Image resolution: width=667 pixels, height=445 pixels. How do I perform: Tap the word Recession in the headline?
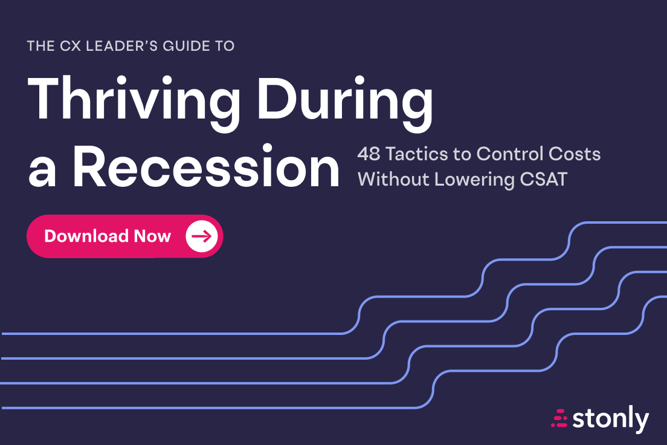(x=206, y=166)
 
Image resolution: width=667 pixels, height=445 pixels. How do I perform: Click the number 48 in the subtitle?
(x=369, y=154)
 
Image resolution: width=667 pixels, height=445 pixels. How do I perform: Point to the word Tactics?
(x=416, y=154)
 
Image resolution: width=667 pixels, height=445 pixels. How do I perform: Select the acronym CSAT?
(x=544, y=180)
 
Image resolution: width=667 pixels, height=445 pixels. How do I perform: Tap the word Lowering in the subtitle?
(x=475, y=180)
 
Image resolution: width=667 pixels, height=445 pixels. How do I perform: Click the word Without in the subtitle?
(x=393, y=180)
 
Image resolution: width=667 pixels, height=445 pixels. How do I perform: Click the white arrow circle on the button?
(x=202, y=236)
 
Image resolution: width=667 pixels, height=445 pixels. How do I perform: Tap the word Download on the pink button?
(x=86, y=236)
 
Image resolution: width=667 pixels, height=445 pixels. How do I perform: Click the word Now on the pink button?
(x=152, y=236)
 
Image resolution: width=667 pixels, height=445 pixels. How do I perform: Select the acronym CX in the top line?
(x=70, y=46)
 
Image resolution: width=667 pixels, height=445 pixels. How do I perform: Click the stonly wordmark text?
(x=611, y=419)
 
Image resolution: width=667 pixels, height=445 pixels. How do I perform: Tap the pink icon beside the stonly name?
(x=559, y=418)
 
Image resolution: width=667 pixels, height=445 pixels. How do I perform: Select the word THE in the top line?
(x=41, y=46)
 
